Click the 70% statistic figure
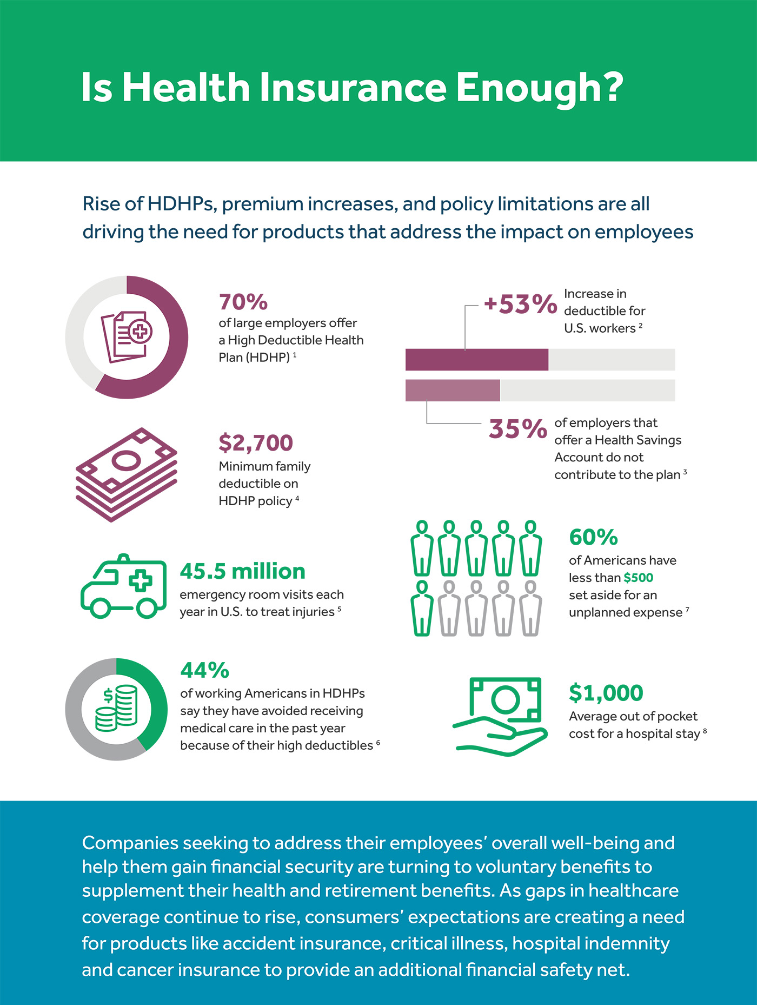tap(243, 302)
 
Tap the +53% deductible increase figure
tap(520, 304)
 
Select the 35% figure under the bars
tap(517, 429)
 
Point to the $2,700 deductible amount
tap(255, 442)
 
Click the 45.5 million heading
tap(242, 571)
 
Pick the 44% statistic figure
tap(204, 670)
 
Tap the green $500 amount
tap(638, 578)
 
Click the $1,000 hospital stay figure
tap(606, 693)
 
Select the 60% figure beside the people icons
tap(593, 537)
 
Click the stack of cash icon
tap(127, 474)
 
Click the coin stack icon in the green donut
tap(116, 708)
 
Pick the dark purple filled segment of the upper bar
tap(476, 360)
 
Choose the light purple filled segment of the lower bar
tap(453, 391)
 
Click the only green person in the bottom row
tap(422, 608)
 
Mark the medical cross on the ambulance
tap(141, 581)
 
